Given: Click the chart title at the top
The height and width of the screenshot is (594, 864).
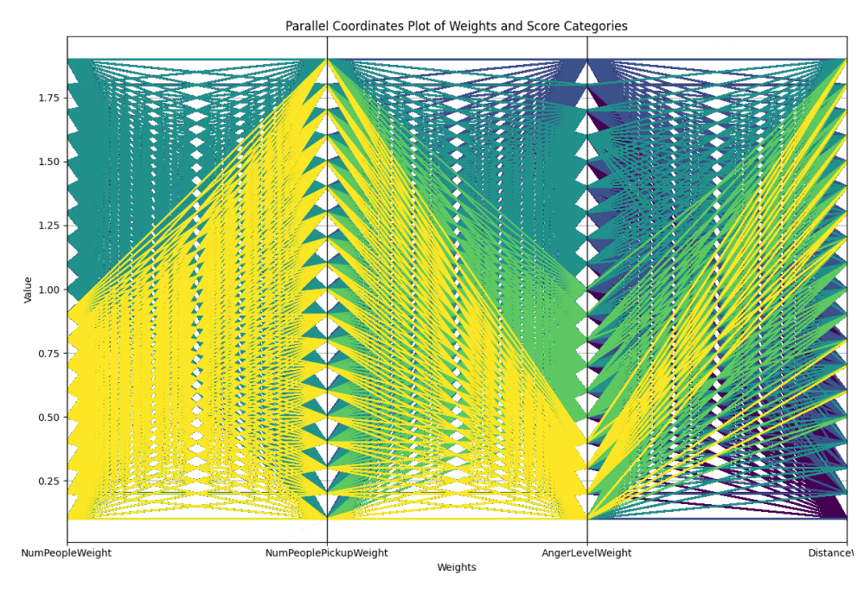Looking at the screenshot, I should coord(456,26).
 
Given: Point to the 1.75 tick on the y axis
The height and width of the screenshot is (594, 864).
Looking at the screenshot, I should coord(47,98).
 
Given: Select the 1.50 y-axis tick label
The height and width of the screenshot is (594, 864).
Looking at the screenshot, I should coord(47,162).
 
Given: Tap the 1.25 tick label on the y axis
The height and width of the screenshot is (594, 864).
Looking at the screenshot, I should coord(47,226).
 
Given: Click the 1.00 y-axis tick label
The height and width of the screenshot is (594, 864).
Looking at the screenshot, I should coord(47,290).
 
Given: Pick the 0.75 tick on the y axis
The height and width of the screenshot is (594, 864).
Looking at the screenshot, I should coord(47,354).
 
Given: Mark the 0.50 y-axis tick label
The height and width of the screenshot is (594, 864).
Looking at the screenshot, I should coord(47,418).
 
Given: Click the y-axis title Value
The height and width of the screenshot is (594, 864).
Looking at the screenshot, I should coord(29,290).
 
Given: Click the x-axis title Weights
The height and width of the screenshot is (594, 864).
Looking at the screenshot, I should coord(456,568).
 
